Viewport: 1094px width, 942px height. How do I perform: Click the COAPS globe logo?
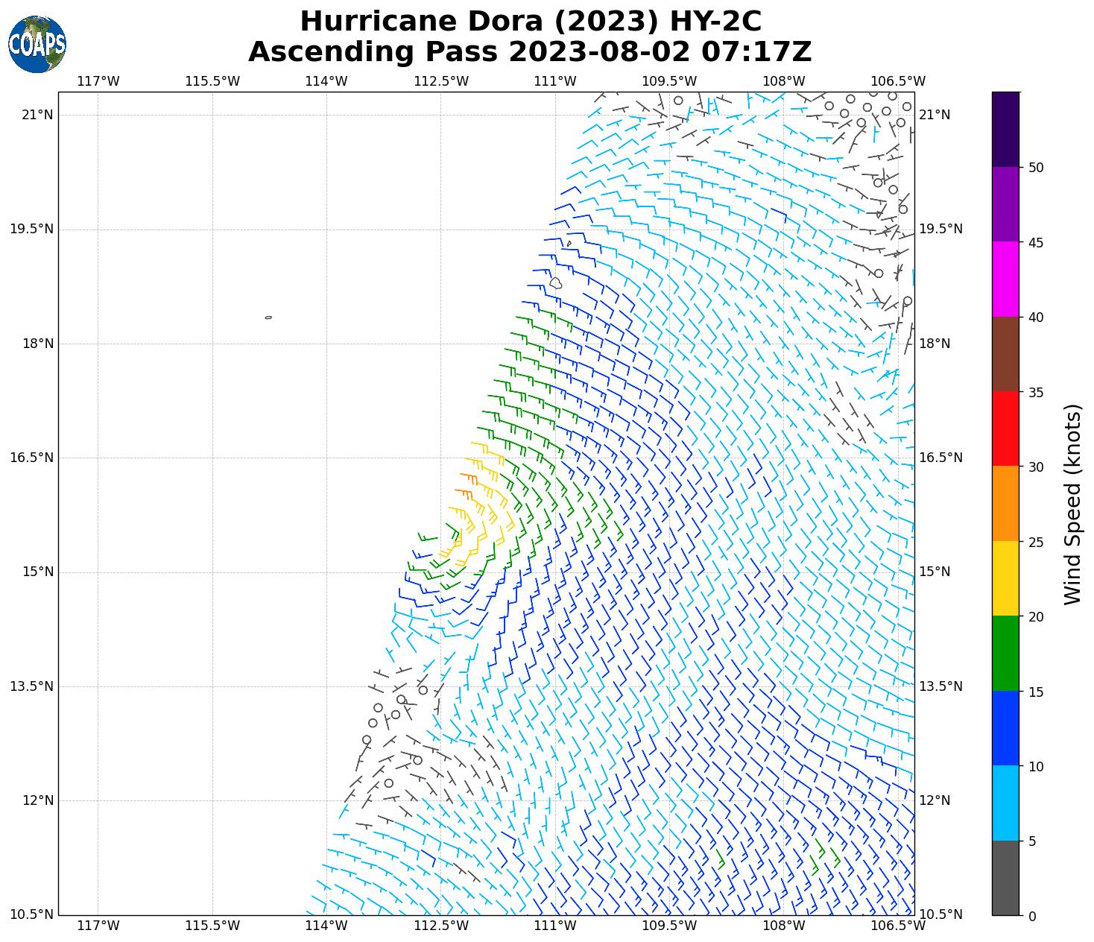37,44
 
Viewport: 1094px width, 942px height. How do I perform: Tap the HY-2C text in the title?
716,22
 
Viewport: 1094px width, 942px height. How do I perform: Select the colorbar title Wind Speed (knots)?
1072,504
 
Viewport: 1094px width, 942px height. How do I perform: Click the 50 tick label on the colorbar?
1035,168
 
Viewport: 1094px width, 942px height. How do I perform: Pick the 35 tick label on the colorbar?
1035,393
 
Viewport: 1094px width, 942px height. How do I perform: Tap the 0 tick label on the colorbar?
1031,916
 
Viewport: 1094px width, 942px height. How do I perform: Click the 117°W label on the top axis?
98,81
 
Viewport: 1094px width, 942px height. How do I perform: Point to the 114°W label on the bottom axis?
326,926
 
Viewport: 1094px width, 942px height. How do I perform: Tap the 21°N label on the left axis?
37,115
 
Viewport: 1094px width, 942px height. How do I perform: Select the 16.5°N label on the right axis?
940,458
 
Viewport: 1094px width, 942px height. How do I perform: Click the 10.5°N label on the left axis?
31,914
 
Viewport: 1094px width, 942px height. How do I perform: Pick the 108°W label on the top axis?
784,81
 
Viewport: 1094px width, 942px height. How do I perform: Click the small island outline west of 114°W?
268,317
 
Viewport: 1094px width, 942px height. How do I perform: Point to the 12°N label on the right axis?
935,800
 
